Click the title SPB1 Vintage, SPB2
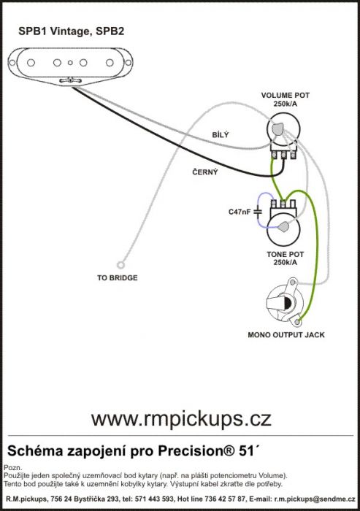pyautogui.click(x=72, y=31)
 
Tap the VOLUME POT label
pyautogui.click(x=285, y=96)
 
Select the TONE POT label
pyautogui.click(x=285, y=254)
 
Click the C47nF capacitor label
pyautogui.click(x=240, y=212)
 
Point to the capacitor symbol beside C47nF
pyautogui.click(x=258, y=212)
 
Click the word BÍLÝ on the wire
pyautogui.click(x=221, y=134)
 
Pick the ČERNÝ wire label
pyautogui.click(x=204, y=172)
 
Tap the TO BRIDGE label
pyautogui.click(x=118, y=278)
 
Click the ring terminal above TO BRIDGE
pyautogui.click(x=120, y=265)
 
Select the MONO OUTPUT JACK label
pyautogui.click(x=286, y=335)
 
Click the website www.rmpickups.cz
pyautogui.click(x=181, y=419)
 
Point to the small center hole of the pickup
pyautogui.click(x=70, y=63)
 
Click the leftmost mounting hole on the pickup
pyautogui.click(x=12, y=63)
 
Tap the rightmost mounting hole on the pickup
pyautogui.click(x=128, y=63)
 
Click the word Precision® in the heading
pyautogui.click(x=196, y=451)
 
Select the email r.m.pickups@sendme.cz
pyautogui.click(x=315, y=499)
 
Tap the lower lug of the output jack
pyautogui.click(x=297, y=322)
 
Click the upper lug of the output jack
pyautogui.click(x=293, y=283)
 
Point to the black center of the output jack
pyautogui.click(x=287, y=304)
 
